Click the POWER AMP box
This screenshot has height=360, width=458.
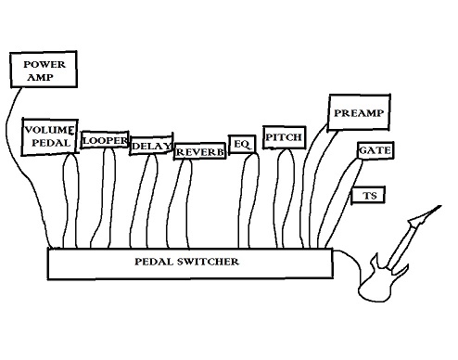43,71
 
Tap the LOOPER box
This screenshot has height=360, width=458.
104,140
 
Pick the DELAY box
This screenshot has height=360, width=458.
149,147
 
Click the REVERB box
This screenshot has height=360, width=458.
199,151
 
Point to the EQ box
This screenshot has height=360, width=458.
241,144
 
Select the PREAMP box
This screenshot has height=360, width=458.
358,112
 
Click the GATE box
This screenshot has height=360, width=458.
372,150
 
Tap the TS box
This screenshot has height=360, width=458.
369,196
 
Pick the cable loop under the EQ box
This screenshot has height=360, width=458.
249,199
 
